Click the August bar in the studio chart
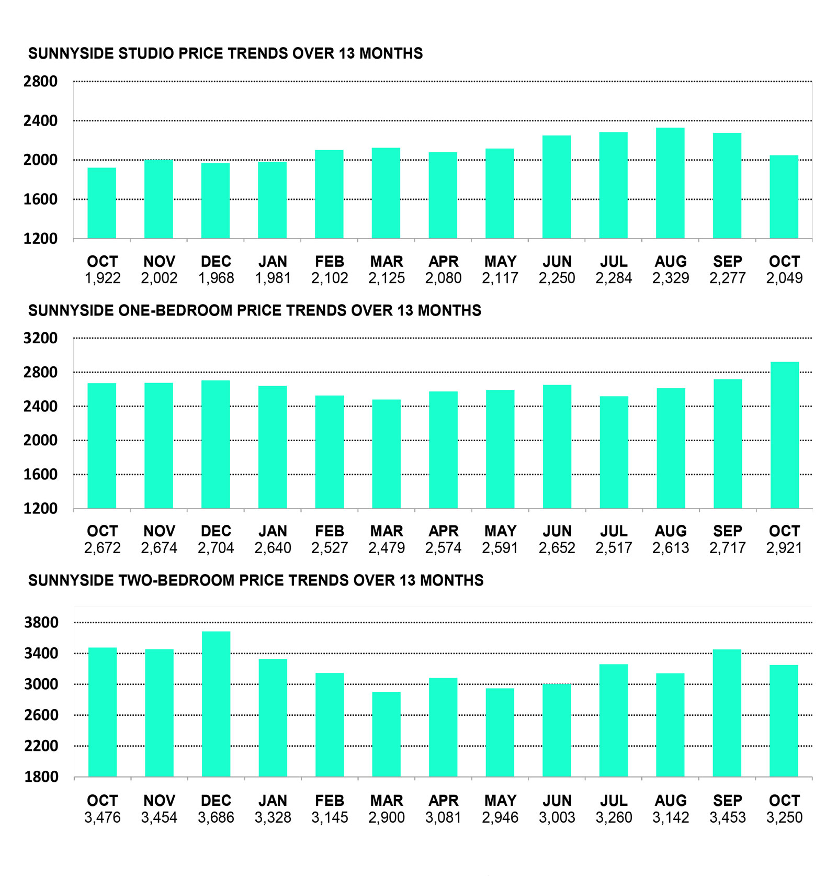point(670,183)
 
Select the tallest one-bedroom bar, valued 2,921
point(784,435)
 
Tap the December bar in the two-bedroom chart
point(216,704)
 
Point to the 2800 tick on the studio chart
point(40,82)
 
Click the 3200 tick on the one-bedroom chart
point(40,338)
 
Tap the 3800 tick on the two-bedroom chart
point(41,623)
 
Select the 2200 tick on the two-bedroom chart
point(41,746)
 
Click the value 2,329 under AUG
point(670,278)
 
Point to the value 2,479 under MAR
point(386,548)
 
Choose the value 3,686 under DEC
point(216,817)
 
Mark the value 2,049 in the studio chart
point(784,278)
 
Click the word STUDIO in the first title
point(145,53)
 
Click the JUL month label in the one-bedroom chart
point(614,531)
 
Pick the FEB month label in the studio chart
point(330,262)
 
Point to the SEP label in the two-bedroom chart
point(727,801)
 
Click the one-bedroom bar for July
point(614,452)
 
